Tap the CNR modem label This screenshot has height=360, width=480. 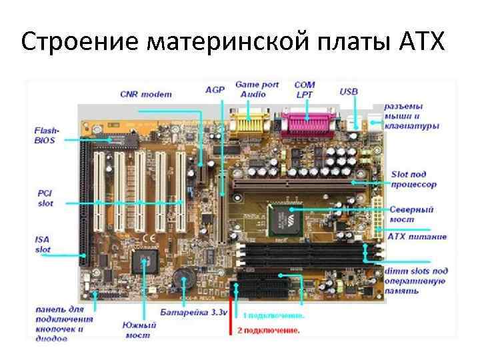pos(145,94)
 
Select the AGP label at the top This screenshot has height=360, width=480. pos(215,89)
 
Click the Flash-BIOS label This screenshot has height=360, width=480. pos(47,135)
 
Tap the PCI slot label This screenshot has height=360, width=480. pos(45,198)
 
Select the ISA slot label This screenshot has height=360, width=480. pos(43,244)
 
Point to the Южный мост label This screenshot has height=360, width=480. pos(139,330)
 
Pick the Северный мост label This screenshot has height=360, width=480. pos(411,213)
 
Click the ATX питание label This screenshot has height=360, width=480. pos(417,237)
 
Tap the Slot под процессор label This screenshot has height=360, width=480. pos(413,179)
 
